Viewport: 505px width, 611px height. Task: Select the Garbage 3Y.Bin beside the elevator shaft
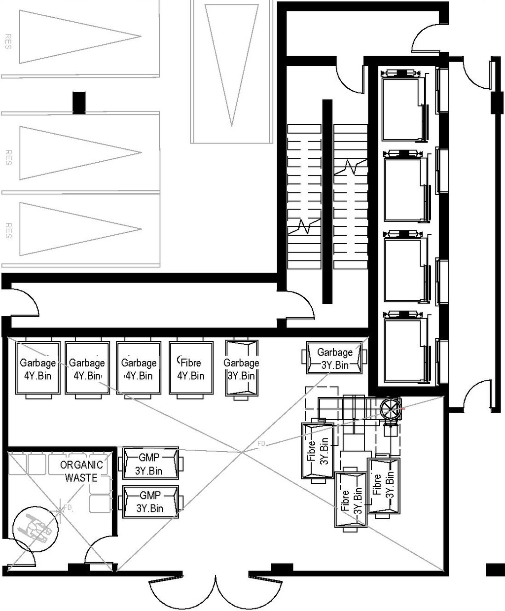(x=335, y=358)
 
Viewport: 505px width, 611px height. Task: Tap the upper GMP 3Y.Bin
(x=149, y=464)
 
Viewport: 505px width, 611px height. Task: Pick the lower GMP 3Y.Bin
(x=150, y=502)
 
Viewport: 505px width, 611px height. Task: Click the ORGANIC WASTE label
(x=81, y=471)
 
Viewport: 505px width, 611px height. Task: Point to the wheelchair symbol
(x=35, y=530)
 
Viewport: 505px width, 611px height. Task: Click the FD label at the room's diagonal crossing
(x=261, y=444)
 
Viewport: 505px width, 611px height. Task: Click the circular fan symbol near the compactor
(x=391, y=409)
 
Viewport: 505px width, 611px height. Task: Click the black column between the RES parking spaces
(x=79, y=102)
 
